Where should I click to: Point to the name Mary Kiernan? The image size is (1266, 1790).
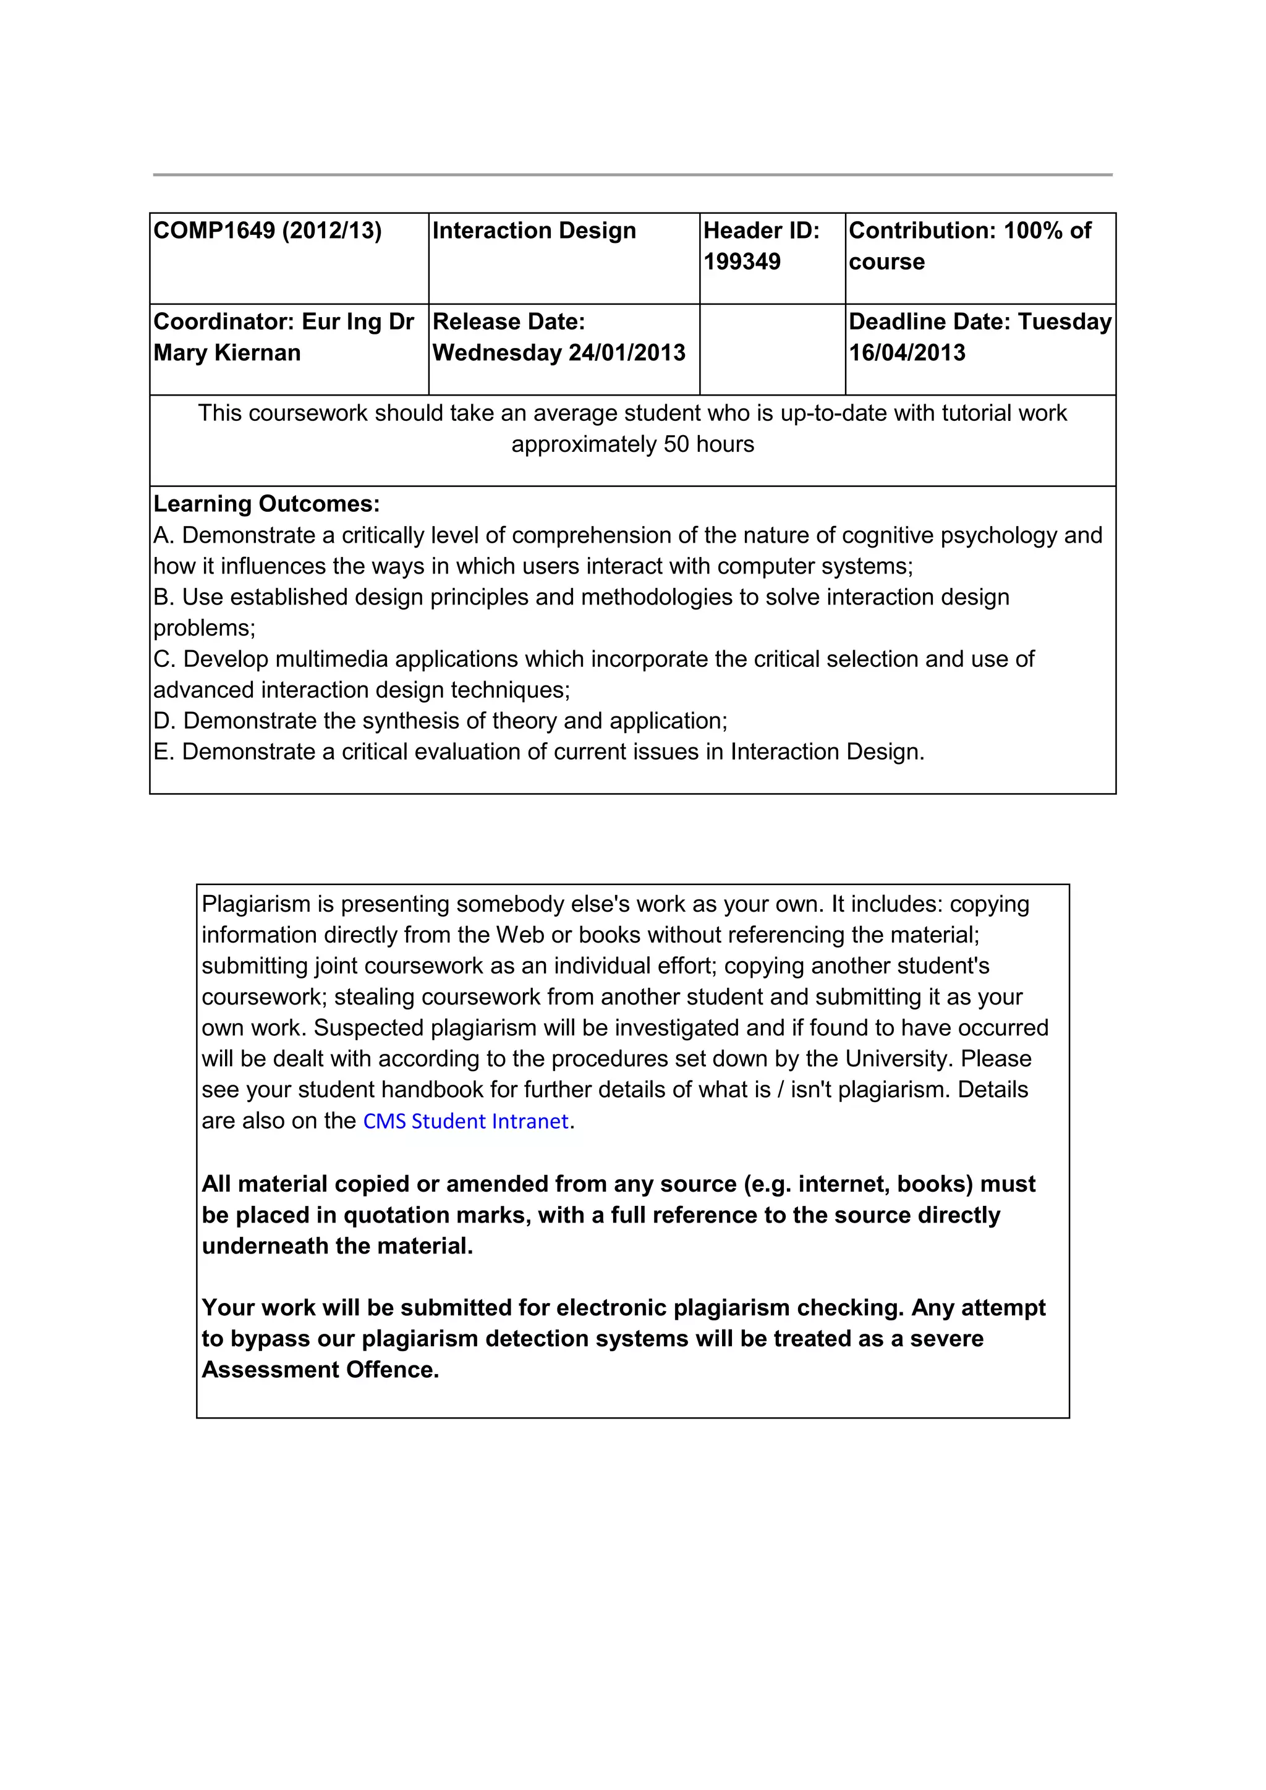tap(227, 353)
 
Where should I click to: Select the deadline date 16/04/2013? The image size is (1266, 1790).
tap(907, 353)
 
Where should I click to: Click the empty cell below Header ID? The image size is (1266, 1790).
tap(771, 349)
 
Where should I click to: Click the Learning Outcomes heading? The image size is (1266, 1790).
tap(266, 504)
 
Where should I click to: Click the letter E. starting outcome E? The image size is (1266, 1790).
tap(162, 752)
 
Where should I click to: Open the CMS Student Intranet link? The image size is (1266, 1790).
tap(465, 1121)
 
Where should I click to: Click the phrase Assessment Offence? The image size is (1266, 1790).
tap(320, 1370)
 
